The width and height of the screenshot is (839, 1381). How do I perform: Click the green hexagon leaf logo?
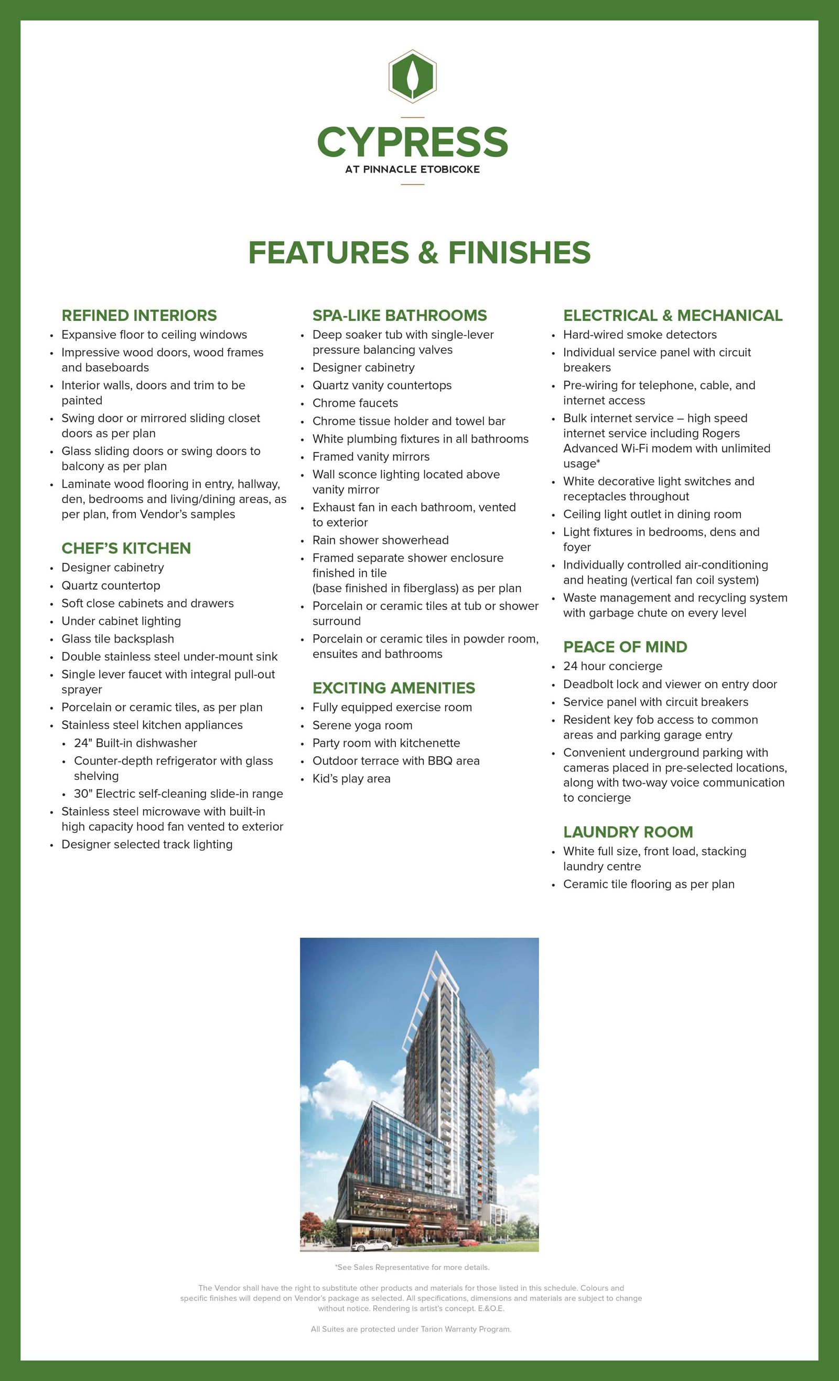[412, 76]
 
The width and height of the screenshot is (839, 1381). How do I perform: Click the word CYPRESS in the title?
[412, 142]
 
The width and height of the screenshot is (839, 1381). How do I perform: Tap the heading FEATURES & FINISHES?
[419, 252]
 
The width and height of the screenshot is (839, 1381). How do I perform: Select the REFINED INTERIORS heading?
[139, 316]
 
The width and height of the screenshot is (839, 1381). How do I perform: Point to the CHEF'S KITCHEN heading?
[126, 548]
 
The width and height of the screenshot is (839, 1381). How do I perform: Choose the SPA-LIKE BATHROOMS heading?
[399, 316]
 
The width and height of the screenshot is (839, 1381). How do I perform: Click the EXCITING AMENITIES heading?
[393, 688]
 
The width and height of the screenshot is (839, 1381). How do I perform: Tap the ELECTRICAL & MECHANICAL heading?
[672, 316]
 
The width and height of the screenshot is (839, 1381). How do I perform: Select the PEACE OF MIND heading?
[625, 647]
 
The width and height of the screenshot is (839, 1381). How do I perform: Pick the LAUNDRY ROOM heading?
[628, 832]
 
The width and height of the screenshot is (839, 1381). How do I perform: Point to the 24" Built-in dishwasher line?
[135, 743]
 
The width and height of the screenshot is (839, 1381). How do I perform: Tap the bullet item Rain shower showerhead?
[380, 540]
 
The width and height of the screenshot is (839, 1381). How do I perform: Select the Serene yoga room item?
[362, 725]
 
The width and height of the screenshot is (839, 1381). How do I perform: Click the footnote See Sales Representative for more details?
[412, 1267]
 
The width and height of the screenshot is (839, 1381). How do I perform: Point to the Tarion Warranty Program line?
[411, 1329]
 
